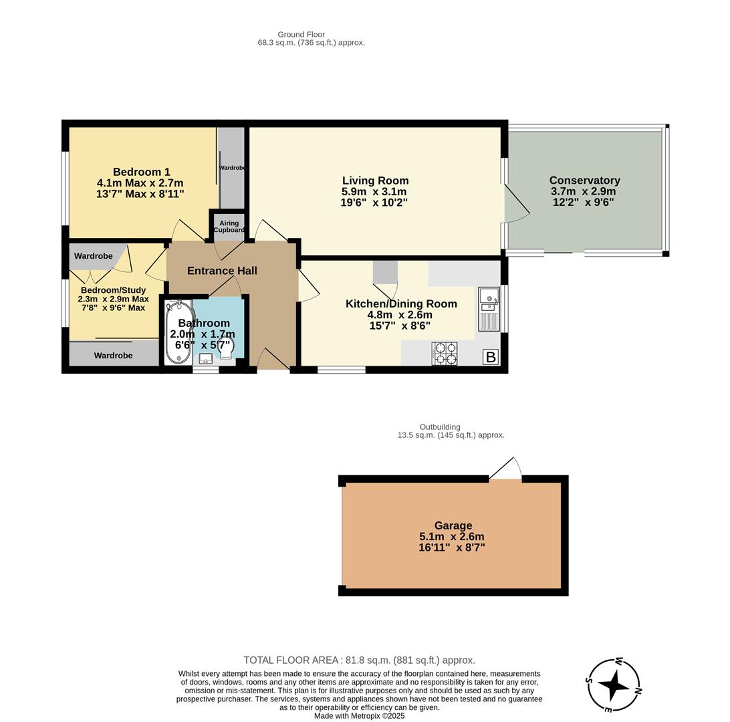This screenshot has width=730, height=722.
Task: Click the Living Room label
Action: (x=375, y=180)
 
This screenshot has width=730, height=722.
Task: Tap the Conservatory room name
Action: (x=584, y=180)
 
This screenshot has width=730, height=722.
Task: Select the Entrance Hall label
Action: (x=222, y=271)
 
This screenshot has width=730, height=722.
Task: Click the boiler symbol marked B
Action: (x=491, y=357)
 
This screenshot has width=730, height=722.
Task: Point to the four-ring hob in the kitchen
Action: (x=445, y=354)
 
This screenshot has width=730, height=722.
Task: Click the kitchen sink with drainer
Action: (x=489, y=309)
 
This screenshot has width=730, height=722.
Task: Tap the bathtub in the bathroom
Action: (x=178, y=332)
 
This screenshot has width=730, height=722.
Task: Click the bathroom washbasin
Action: (x=205, y=359)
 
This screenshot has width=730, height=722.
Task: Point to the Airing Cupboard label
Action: (x=229, y=227)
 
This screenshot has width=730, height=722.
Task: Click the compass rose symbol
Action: (x=614, y=685)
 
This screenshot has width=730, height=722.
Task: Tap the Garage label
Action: (x=453, y=525)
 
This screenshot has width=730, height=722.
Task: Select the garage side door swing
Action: (x=505, y=469)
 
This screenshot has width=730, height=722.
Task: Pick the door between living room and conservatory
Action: (x=516, y=204)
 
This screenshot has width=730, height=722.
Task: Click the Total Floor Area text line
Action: (x=360, y=660)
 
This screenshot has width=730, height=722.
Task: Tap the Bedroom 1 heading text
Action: (x=142, y=172)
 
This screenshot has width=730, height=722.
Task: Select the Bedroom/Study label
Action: (x=113, y=290)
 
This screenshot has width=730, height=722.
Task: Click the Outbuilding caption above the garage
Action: (x=440, y=427)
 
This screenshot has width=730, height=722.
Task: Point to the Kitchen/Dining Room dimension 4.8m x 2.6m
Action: (x=400, y=315)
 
